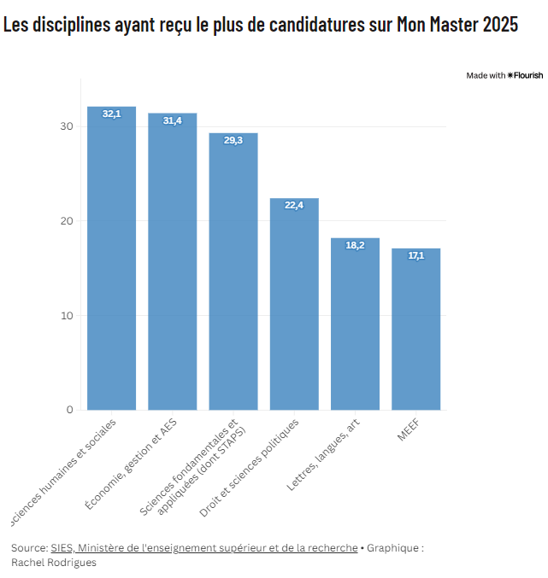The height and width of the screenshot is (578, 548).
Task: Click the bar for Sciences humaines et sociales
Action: click(112, 265)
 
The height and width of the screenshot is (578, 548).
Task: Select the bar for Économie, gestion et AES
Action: click(173, 269)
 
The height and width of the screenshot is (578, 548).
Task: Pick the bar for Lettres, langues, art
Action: click(355, 329)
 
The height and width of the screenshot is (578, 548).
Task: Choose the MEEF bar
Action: click(416, 333)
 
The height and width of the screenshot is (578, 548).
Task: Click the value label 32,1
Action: click(112, 114)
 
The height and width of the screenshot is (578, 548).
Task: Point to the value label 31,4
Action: click(173, 120)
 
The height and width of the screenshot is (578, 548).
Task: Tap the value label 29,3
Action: click(233, 140)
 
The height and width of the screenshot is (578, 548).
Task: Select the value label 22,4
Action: click(294, 205)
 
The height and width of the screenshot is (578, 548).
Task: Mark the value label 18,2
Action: click(355, 245)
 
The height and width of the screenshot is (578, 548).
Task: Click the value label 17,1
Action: click(416, 255)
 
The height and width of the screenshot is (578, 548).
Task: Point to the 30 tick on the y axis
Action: click(68, 126)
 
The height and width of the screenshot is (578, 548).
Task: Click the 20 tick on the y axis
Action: click(68, 221)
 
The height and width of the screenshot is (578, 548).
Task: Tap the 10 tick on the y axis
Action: click(68, 316)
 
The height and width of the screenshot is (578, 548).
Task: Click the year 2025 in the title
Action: click(499, 25)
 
